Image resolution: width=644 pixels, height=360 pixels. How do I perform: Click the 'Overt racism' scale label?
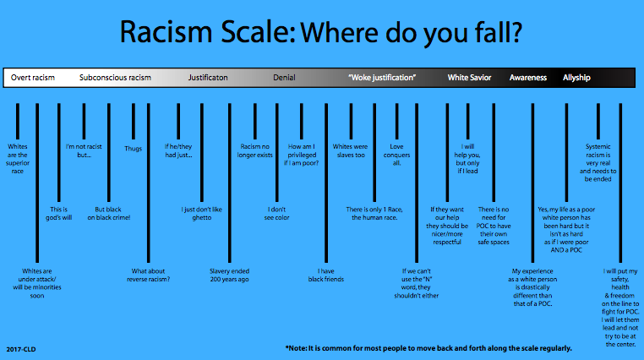(33, 78)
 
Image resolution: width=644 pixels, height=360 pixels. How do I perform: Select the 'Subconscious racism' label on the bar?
(115, 78)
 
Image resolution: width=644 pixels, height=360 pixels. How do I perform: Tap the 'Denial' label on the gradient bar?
(284, 78)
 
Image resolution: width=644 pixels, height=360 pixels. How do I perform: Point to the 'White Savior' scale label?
(469, 78)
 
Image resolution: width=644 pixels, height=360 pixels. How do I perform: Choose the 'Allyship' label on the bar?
(576, 78)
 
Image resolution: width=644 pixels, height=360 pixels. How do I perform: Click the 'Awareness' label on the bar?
(528, 78)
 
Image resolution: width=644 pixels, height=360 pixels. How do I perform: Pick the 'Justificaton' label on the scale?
(208, 78)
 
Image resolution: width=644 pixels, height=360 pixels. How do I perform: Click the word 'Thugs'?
(133, 149)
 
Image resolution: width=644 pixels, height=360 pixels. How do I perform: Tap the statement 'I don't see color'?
(277, 214)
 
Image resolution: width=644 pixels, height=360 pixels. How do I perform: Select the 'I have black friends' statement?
(326, 275)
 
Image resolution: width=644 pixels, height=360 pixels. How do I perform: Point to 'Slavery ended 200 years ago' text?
(230, 275)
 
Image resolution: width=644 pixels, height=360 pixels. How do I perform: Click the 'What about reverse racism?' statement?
(148, 275)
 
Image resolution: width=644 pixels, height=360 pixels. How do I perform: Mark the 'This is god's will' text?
(58, 214)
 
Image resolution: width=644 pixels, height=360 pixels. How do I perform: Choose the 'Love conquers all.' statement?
(396, 155)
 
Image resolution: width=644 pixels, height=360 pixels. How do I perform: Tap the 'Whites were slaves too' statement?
(351, 150)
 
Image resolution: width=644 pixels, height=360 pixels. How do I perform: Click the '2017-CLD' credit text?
(21, 349)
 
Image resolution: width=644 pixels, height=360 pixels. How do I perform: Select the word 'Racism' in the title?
(166, 32)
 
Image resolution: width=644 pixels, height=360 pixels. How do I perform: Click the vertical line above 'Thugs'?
(134, 122)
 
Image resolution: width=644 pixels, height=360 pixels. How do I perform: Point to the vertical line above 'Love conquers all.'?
(396, 122)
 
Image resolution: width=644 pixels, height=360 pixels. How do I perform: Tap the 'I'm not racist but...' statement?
(84, 150)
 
